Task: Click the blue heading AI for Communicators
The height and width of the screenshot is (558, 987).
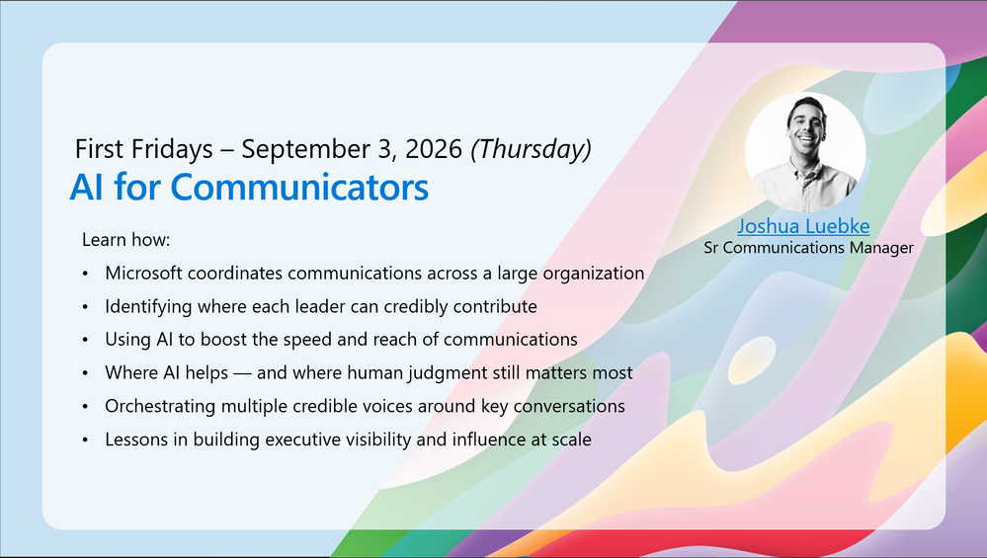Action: [249, 187]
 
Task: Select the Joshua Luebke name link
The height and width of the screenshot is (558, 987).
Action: [803, 226]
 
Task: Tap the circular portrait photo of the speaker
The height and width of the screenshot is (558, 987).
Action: [805, 152]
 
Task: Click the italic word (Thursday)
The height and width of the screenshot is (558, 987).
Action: [532, 149]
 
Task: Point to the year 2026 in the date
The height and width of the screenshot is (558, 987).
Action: [434, 149]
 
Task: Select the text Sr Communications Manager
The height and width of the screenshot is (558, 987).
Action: [808, 247]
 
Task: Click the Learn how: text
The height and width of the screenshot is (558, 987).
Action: [125, 240]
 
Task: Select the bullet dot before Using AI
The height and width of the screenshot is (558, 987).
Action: [86, 341]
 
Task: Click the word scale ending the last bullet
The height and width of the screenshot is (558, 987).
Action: [572, 439]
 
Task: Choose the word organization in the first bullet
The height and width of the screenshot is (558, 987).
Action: [594, 273]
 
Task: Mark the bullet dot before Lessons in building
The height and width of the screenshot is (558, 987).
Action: [86, 440]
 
